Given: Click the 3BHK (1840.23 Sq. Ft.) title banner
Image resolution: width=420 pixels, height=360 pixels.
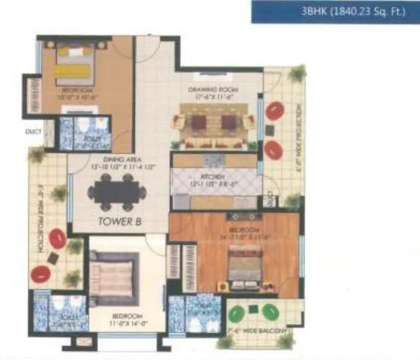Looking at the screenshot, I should pyautogui.click(x=335, y=11).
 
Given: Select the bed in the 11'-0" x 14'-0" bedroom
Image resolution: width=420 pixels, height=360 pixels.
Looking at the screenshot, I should pyautogui.click(x=114, y=278).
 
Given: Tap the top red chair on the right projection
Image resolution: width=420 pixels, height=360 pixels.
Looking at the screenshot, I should pyautogui.click(x=274, y=111).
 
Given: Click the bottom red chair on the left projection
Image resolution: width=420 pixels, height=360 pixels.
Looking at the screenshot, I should pyautogui.click(x=40, y=274).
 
